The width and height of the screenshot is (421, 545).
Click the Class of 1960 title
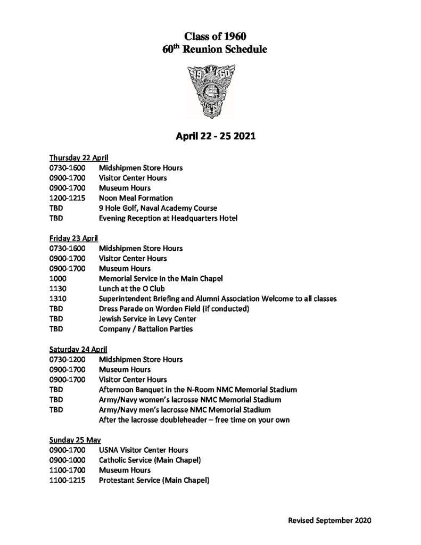click(216, 37)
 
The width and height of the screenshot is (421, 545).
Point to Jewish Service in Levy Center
click(147, 319)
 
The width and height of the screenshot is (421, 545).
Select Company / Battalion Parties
click(145, 329)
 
